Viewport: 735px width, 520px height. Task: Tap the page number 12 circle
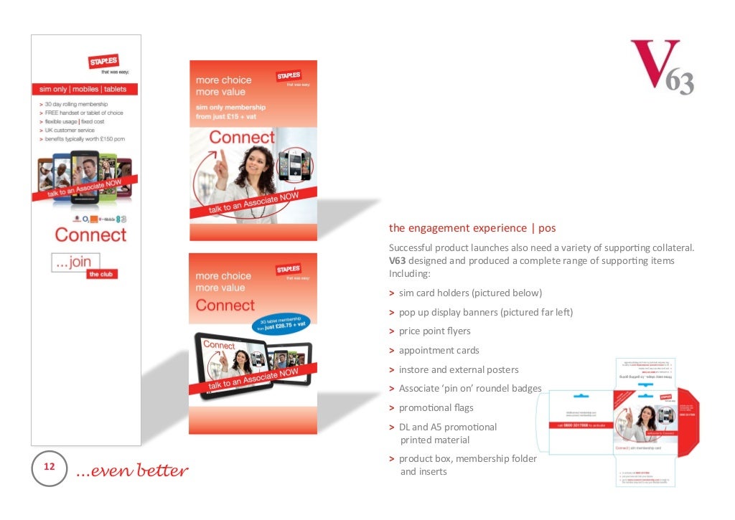50,468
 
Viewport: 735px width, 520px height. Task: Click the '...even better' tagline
131,471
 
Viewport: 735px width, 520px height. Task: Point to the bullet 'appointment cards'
439,351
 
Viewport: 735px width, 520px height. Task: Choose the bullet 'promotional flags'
436,407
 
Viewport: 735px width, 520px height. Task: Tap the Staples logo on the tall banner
103,62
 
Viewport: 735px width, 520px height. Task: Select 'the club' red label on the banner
101,274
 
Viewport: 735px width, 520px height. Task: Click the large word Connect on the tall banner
90,235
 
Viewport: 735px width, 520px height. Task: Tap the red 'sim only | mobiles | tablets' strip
84,90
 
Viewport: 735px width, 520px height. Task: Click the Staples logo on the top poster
289,75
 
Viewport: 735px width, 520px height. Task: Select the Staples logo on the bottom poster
289,269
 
